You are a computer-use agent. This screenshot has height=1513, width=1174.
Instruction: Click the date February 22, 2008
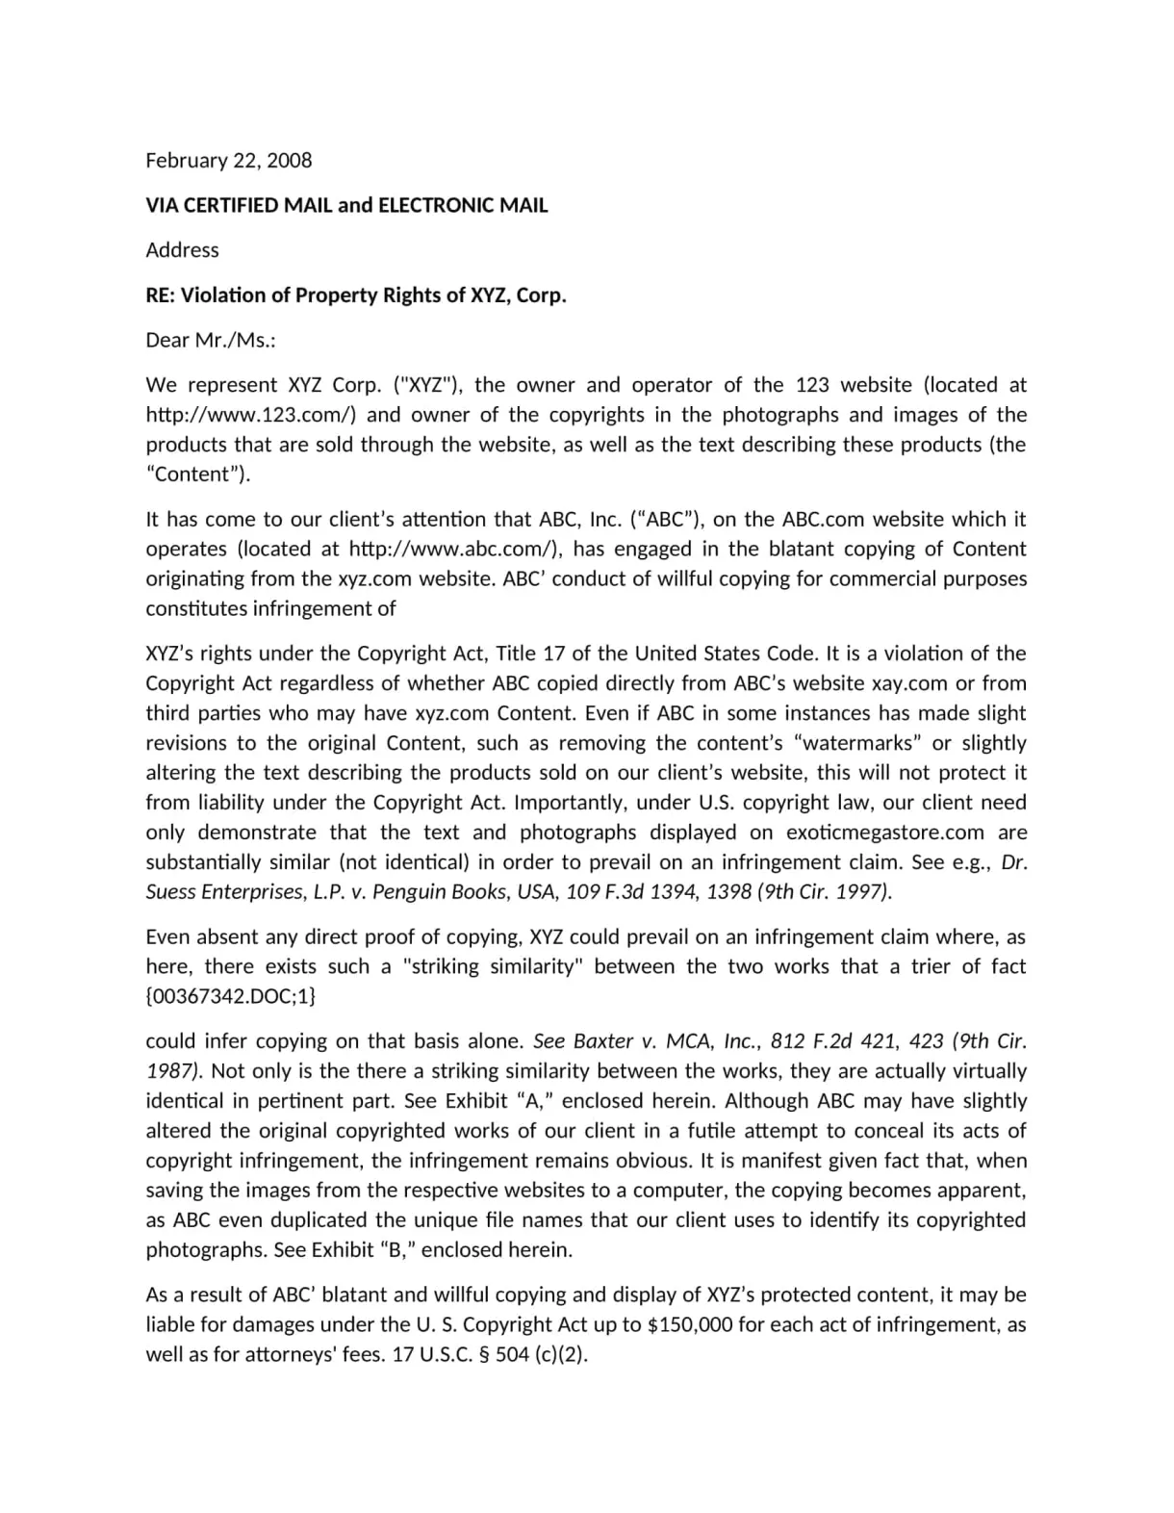pyautogui.click(x=229, y=160)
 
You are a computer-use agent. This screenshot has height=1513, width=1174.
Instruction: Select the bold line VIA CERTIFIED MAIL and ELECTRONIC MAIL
pyautogui.click(x=346, y=205)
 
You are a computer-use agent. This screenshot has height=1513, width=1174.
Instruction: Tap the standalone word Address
pyautogui.click(x=182, y=250)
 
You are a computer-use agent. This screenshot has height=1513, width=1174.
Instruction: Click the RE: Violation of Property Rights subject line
pyautogui.click(x=356, y=295)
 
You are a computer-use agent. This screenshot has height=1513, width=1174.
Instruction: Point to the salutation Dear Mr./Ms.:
pyautogui.click(x=211, y=340)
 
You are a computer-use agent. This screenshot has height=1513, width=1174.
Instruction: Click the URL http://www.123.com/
pyautogui.click(x=251, y=415)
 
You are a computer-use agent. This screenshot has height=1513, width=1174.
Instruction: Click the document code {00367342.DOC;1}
pyautogui.click(x=231, y=996)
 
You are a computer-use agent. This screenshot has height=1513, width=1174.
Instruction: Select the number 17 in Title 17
pyautogui.click(x=553, y=654)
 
